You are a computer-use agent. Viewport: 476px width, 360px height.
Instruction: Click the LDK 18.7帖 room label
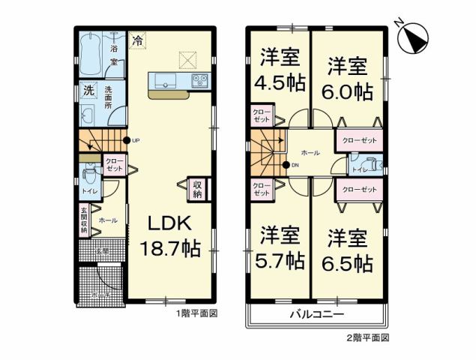tap(173, 236)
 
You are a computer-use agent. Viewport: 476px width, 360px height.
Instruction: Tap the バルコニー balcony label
tap(317, 314)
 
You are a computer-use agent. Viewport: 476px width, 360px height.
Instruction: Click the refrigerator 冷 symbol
tap(138, 43)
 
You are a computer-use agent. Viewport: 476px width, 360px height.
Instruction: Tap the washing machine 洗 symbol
tap(88, 92)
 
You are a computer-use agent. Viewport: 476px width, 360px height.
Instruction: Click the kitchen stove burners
tap(199, 79)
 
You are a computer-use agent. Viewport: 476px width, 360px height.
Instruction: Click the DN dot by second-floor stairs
tap(286, 165)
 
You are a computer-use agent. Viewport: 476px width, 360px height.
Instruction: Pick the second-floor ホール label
tap(310, 153)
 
